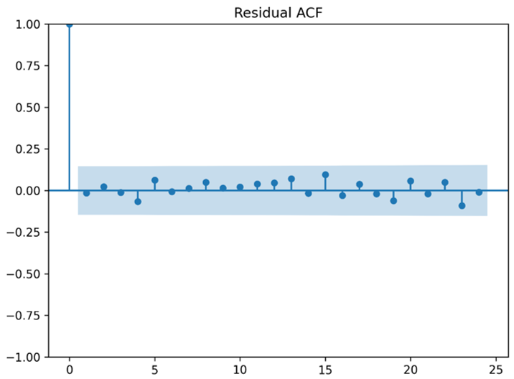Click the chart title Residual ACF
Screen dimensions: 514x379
tap(279, 13)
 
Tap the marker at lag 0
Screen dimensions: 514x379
tap(70, 24)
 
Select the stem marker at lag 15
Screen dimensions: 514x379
tap(325, 174)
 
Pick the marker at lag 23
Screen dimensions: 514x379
tap(462, 206)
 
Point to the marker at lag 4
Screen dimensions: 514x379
tap(138, 202)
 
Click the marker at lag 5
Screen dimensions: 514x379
tap(155, 180)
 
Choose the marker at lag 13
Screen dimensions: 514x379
tap(291, 179)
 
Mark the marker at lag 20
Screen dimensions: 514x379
tap(411, 182)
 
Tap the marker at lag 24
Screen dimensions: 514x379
tap(479, 192)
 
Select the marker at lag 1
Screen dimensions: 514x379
tap(87, 193)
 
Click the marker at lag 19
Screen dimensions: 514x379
tap(393, 201)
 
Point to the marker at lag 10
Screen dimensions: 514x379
tap(240, 187)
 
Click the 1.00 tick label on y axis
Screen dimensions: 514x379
tap(28, 24)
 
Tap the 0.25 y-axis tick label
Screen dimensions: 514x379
tap(28, 149)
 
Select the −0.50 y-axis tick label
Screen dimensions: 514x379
tap(23, 274)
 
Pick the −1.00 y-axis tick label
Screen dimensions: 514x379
tap(23, 357)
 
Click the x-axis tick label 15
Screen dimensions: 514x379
tap(325, 370)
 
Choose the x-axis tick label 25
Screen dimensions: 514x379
tap(496, 370)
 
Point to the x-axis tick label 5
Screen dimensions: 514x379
tap(155, 370)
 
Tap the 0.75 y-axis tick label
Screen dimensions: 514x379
tap(28, 66)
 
